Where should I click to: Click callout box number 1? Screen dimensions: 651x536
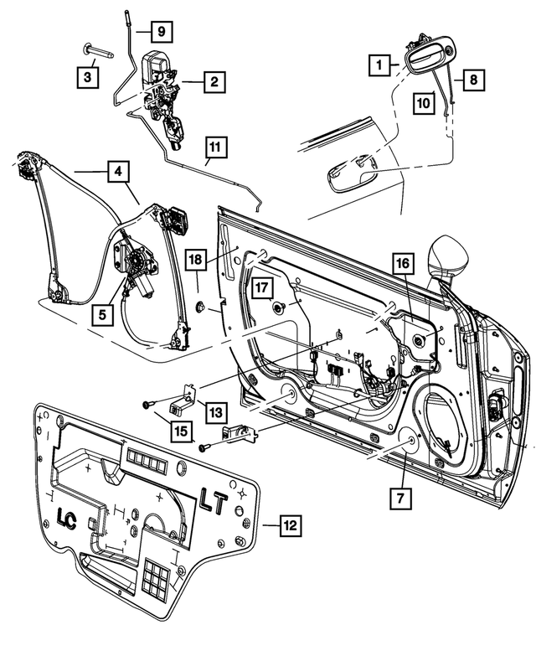point(380,64)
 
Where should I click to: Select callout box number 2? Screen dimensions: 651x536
point(214,82)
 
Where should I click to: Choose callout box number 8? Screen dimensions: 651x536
point(472,81)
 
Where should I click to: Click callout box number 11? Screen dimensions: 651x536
point(216,148)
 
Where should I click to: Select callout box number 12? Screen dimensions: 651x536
point(289,526)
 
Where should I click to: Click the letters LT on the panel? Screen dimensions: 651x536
point(218,504)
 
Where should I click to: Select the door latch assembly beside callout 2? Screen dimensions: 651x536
point(162,92)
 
